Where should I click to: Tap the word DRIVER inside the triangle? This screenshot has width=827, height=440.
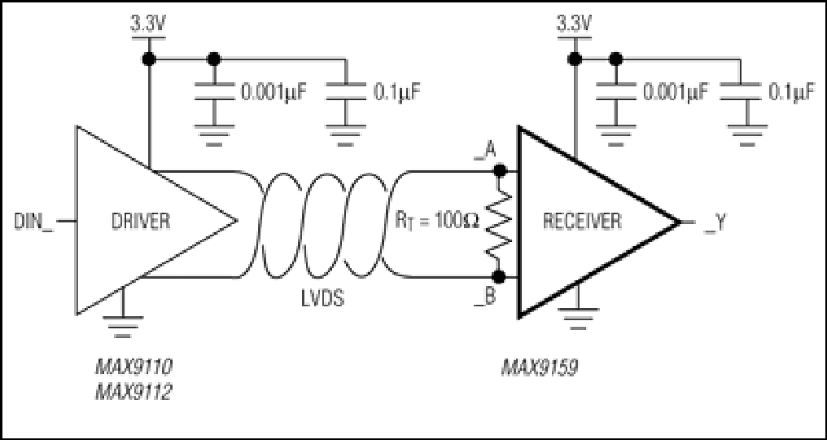tap(141, 221)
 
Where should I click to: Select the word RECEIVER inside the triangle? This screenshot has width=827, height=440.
tap(582, 221)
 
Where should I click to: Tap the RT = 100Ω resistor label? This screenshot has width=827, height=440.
tap(439, 221)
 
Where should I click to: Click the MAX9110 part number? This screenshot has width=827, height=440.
tap(133, 367)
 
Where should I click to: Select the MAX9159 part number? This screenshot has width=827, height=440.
tap(539, 367)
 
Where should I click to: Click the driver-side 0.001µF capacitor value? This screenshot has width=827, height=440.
tap(273, 93)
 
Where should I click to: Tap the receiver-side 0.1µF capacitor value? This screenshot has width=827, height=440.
tap(792, 93)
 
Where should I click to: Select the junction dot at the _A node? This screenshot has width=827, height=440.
tap(499, 170)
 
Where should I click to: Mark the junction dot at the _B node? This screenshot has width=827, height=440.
tap(499, 276)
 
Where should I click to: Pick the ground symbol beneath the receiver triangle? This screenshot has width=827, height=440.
tap(578, 311)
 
